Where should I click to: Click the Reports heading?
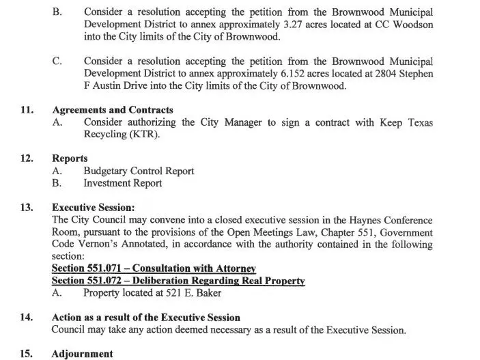[x=70, y=158]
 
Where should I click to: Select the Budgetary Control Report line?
[x=139, y=171]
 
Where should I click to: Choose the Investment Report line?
[x=122, y=183]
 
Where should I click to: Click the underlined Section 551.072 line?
[x=178, y=281]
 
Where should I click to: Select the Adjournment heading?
[x=82, y=354]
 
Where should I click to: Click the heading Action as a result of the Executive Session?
[x=145, y=318]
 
